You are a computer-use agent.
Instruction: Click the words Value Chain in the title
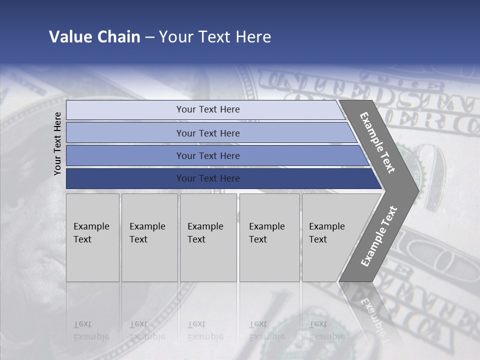[x=94, y=37]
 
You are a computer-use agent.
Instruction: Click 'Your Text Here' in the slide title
[x=215, y=37]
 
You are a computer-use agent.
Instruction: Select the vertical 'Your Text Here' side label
[x=57, y=143]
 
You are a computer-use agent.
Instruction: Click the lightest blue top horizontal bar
[x=125, y=110]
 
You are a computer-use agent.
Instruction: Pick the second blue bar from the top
[x=125, y=133]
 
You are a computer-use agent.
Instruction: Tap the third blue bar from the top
[x=125, y=155]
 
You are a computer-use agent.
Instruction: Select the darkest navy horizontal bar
[x=125, y=178]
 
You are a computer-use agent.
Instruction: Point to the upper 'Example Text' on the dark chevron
[x=377, y=143]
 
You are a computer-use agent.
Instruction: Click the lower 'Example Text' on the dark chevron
[x=378, y=236]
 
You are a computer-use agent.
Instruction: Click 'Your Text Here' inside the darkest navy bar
[x=208, y=178]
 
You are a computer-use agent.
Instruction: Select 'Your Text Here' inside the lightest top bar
[x=208, y=109]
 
